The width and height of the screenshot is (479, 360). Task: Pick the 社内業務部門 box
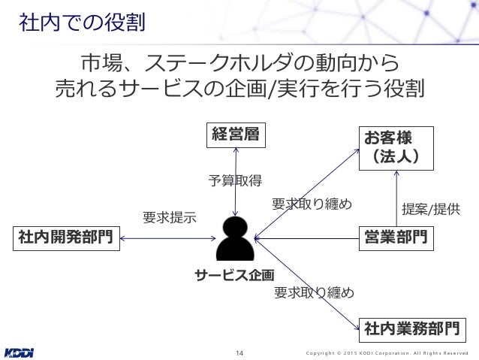(411, 328)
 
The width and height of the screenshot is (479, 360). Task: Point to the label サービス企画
(235, 274)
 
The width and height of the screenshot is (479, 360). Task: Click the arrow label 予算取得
(234, 180)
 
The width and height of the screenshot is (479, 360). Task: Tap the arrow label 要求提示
(169, 218)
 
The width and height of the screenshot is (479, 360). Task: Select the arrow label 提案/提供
(431, 208)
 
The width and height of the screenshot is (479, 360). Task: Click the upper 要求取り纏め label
(312, 204)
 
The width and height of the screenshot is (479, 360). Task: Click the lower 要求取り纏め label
(314, 292)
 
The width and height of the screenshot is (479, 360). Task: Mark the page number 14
(240, 352)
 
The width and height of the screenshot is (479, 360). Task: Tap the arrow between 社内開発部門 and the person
(167, 239)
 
